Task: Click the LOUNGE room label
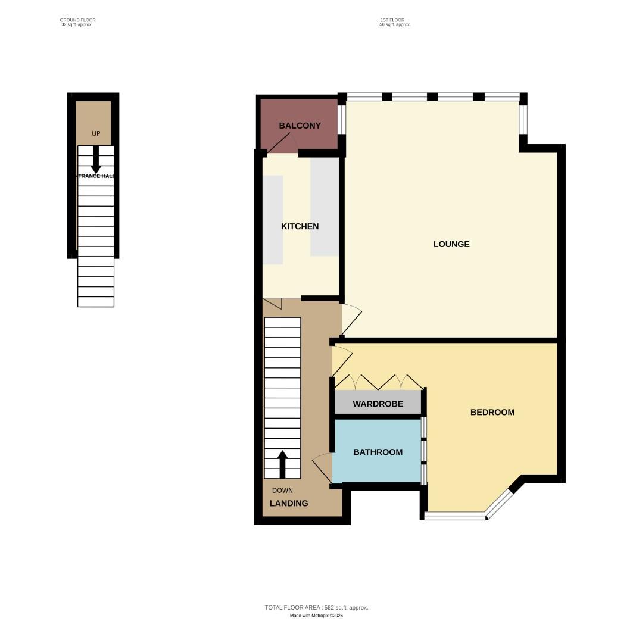pos(451,244)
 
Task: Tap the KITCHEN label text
pos(300,226)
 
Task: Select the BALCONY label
pos(300,126)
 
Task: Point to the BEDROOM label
pos(492,412)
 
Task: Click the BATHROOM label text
pos(378,452)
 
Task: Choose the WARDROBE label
pos(378,404)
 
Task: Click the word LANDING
pos(289,503)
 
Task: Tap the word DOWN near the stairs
pos(282,491)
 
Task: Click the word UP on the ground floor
pos(96,133)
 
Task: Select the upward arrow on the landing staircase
pos(282,464)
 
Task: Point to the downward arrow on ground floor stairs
pos(95,161)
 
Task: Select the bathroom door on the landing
pos(322,469)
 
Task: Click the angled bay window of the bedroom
pos(499,504)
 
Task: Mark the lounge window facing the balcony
pos(342,120)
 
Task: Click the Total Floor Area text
pos(316,607)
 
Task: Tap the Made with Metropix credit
pos(316,616)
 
